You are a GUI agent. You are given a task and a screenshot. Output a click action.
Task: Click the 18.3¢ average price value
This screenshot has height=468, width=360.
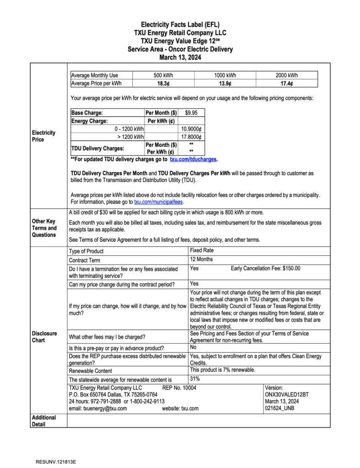point(163,83)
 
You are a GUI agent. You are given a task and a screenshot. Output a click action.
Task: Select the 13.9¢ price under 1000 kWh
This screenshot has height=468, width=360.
point(225,83)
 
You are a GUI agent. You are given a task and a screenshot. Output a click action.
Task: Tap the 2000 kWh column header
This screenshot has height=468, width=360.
point(287,75)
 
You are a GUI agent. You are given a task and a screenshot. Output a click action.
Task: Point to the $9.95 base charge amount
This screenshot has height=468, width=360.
point(191,112)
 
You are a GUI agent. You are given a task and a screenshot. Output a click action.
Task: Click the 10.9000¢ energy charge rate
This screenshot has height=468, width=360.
point(192,129)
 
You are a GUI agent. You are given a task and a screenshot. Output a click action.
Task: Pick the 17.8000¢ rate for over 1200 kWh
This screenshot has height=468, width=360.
point(192,137)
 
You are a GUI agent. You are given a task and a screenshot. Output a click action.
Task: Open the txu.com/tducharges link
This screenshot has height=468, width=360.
point(193,160)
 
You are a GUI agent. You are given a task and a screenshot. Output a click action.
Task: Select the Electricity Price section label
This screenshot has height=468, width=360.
point(43,136)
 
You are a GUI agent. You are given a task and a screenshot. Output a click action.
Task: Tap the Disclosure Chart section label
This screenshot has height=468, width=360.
point(44,337)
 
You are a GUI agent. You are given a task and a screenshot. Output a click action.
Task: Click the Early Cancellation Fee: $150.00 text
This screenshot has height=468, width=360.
point(265,268)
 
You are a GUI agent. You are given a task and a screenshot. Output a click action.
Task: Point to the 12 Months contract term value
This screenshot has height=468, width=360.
point(201,259)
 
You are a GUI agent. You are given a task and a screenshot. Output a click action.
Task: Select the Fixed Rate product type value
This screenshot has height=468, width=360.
point(202,250)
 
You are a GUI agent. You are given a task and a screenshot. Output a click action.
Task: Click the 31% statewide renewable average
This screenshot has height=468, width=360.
point(195,378)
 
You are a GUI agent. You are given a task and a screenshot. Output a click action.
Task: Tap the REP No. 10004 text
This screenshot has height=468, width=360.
point(179,388)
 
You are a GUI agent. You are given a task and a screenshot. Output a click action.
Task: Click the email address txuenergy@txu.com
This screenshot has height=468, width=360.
point(97,409)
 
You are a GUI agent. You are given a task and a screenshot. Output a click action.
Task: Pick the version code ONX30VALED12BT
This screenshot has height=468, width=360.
point(287,394)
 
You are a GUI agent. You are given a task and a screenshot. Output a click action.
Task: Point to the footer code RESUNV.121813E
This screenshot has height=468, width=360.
point(56,462)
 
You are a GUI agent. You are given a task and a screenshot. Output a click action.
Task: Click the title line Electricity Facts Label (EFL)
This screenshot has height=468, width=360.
point(180,25)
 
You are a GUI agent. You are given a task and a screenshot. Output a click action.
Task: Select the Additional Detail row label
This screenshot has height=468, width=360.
point(44,421)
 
